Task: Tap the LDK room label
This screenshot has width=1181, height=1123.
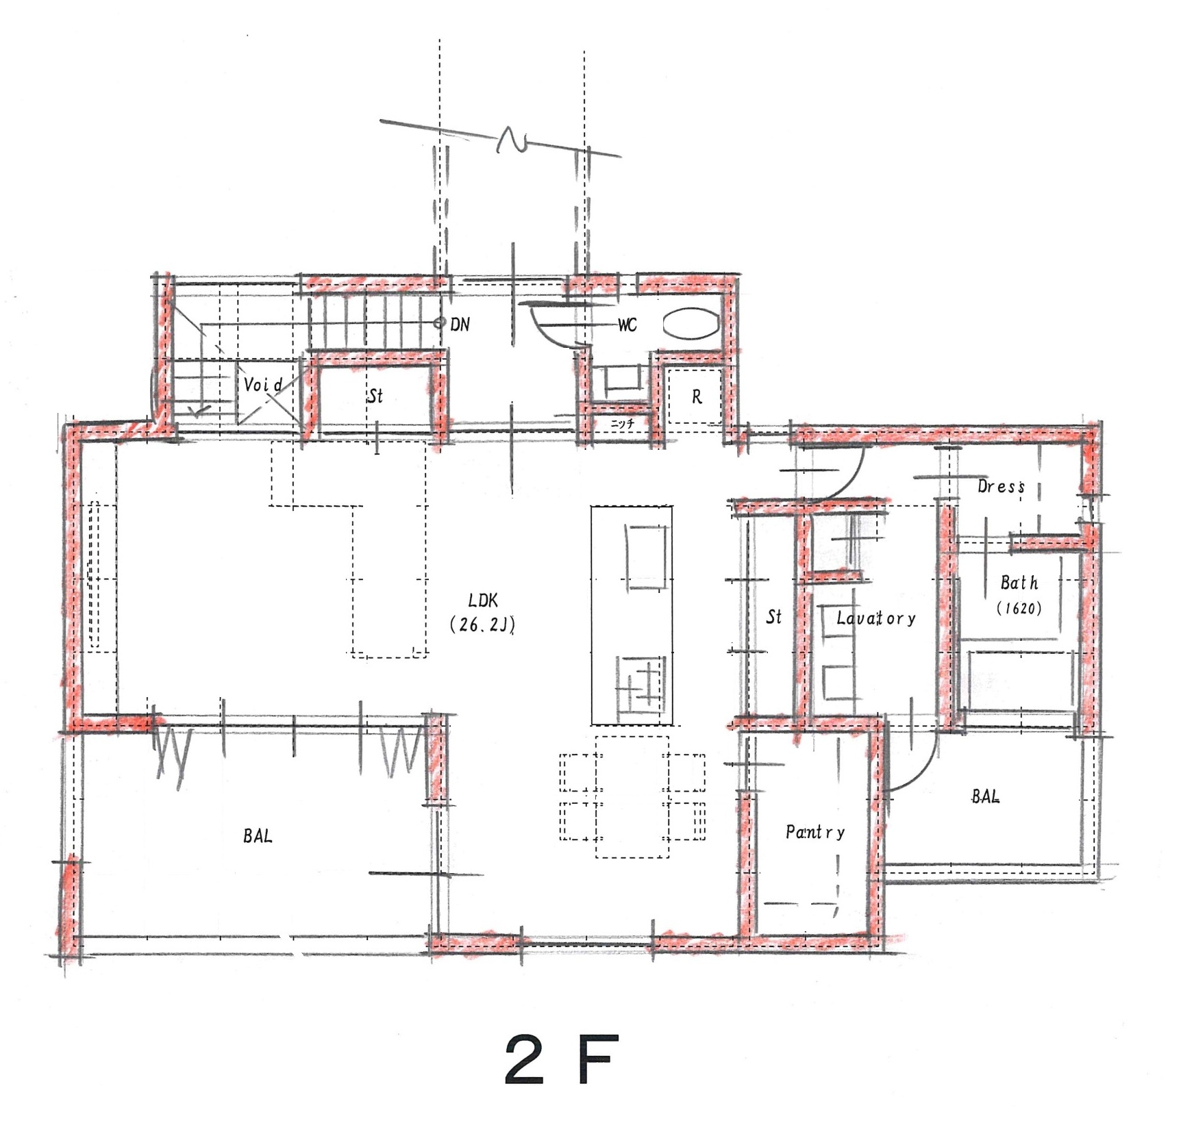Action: [483, 601]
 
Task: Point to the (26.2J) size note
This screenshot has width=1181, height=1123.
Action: [482, 624]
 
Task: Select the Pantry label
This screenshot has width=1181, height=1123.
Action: [815, 832]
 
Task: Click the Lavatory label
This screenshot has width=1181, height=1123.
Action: [876, 618]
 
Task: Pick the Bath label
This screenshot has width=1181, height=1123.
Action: [1019, 583]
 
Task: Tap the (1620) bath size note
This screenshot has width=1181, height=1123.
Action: [1019, 608]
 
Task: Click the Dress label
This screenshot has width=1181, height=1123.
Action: [1001, 487]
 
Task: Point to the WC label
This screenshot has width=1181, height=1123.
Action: [627, 325]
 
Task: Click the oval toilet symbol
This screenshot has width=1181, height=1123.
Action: [691, 324]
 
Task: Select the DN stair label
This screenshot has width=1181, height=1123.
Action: [460, 325]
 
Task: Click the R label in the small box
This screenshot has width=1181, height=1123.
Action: [697, 396]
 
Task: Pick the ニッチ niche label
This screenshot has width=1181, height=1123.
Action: [622, 424]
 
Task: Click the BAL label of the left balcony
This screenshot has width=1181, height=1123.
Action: [258, 835]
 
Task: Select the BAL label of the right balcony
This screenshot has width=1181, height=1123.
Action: [985, 796]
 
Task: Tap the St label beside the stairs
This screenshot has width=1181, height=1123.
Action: [375, 395]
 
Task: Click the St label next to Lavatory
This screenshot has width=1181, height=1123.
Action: [774, 617]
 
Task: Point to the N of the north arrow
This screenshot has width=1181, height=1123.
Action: [510, 139]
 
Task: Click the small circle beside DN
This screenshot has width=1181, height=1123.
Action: [439, 323]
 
